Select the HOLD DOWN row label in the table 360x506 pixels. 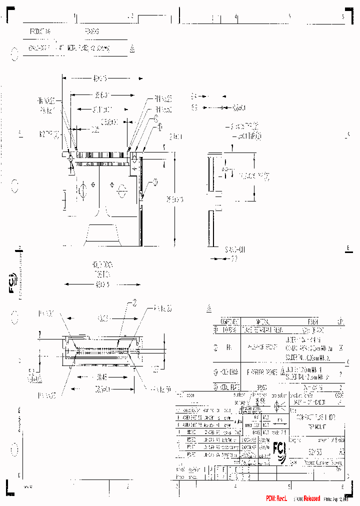(x=229, y=371)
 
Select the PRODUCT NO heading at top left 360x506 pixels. (x=40, y=31)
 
